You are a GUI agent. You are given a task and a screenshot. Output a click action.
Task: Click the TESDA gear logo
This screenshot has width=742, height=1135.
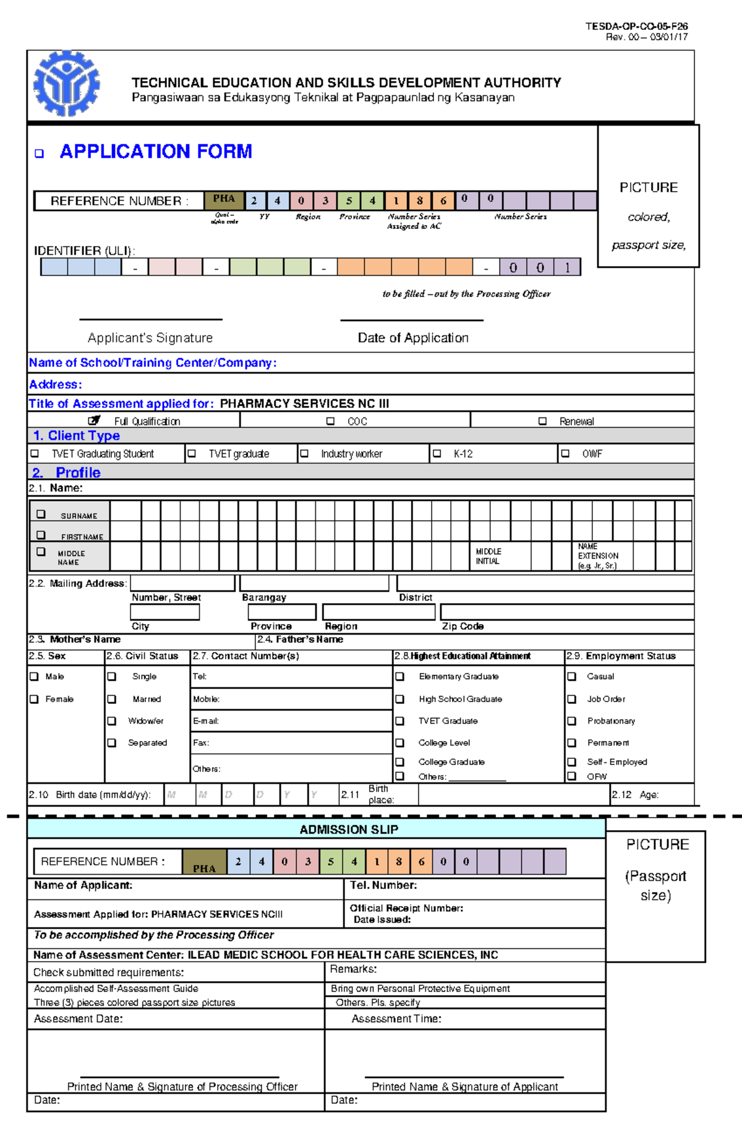(x=66, y=84)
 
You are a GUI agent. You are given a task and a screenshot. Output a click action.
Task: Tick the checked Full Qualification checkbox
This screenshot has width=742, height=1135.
(x=94, y=421)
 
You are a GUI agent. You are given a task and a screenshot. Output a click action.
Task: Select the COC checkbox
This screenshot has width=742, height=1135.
(x=330, y=421)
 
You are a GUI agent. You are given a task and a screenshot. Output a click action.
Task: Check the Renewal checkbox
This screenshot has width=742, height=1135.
(x=542, y=421)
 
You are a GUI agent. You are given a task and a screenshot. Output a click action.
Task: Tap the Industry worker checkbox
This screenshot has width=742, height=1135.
(x=304, y=453)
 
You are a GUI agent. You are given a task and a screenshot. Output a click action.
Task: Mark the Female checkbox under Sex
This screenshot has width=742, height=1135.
(x=35, y=699)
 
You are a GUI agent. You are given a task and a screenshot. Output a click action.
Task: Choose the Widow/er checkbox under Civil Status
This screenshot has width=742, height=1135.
(x=112, y=721)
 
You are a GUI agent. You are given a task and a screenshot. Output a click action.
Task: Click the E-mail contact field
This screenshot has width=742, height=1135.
(x=291, y=721)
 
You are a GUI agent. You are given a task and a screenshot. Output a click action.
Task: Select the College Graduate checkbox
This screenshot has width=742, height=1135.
(x=400, y=762)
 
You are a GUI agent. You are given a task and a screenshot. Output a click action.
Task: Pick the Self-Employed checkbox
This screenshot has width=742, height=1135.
(x=572, y=762)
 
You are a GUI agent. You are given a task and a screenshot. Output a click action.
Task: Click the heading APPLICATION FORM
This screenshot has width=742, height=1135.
(x=155, y=152)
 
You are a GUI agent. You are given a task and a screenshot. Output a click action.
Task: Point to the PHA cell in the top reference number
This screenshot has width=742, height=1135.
(x=224, y=199)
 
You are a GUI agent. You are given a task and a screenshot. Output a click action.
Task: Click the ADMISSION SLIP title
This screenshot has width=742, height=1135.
(x=349, y=829)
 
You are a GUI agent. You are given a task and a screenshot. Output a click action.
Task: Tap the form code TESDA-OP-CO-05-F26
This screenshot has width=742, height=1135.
(x=636, y=27)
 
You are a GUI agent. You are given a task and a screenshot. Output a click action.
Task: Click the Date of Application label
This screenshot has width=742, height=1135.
(x=413, y=338)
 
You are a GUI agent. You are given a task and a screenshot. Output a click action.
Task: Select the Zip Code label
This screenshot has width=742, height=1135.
(x=463, y=626)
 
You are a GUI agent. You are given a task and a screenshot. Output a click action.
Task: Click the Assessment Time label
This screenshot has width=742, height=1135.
(x=396, y=1019)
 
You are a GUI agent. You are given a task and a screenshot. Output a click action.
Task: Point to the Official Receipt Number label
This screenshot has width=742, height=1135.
(x=406, y=908)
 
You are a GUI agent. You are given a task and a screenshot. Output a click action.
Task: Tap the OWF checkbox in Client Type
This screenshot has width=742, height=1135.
(x=565, y=453)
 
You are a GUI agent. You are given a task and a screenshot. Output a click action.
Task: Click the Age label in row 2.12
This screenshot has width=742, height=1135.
(x=649, y=795)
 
